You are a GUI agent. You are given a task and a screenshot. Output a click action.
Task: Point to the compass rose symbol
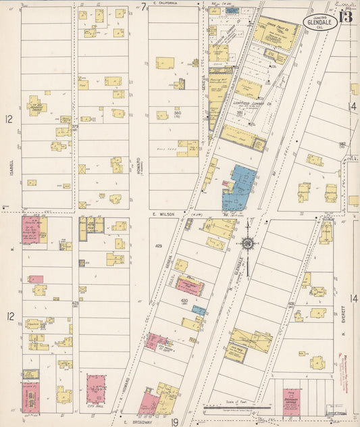[x=248, y=244]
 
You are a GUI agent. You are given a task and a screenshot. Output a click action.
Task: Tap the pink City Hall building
[x=97, y=389]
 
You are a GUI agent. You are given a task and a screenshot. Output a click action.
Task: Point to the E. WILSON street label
[x=163, y=214]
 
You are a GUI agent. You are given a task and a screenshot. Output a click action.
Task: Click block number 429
[x=159, y=245]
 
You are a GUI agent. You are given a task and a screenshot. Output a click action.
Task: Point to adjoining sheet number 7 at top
[x=144, y=6]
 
